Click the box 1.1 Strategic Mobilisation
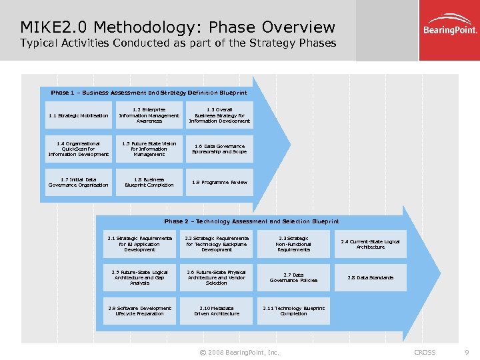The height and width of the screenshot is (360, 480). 78,115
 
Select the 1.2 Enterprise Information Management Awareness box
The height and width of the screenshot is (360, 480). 149,115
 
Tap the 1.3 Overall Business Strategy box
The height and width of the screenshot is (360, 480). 219,115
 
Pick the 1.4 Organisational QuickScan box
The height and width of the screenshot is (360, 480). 78,149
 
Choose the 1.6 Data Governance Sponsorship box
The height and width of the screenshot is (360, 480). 219,149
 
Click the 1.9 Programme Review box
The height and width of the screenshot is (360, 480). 219,182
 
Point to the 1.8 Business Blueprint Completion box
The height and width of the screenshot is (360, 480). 149,182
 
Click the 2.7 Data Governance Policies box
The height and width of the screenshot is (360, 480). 293,277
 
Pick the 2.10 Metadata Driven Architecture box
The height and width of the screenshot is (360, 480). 217,311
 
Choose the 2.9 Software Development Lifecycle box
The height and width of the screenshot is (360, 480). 140,311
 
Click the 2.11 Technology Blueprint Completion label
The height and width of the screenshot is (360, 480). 293,311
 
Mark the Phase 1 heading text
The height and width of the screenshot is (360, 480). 149,93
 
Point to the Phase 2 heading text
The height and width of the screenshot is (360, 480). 251,221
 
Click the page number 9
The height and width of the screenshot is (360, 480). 467,352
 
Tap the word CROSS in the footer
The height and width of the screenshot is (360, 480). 425,352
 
